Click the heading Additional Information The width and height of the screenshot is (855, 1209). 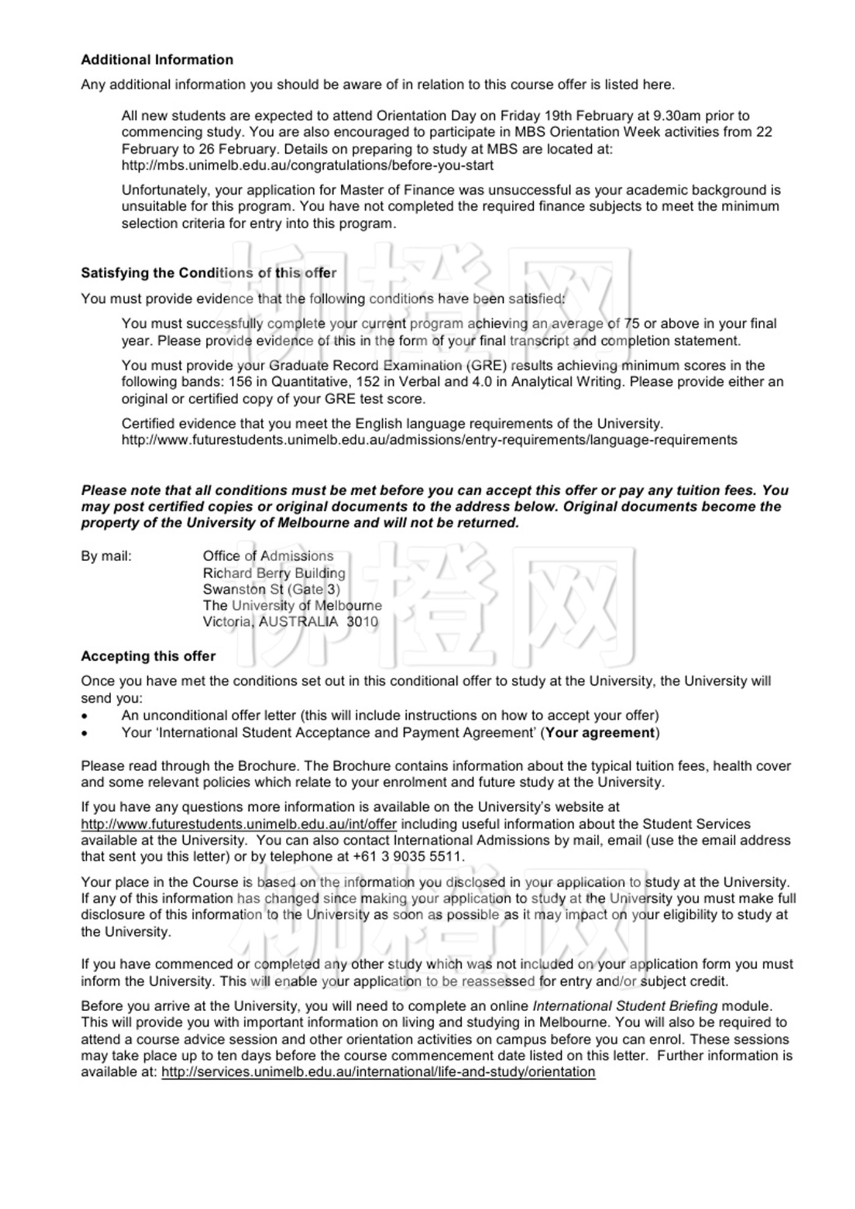coord(157,60)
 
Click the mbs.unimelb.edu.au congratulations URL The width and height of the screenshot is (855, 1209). coord(307,165)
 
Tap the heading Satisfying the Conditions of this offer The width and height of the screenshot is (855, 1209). coord(208,273)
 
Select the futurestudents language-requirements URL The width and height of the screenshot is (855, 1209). coord(429,440)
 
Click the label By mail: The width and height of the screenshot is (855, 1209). coord(106,556)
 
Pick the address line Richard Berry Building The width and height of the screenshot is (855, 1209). coord(274,573)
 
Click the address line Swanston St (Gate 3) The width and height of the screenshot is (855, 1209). coord(271,590)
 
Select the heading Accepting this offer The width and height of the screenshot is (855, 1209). coord(148,656)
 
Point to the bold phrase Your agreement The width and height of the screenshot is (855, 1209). coord(600,733)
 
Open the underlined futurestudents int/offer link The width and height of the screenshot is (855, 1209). coord(239,824)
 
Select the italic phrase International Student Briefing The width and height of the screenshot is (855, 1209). coord(633,1006)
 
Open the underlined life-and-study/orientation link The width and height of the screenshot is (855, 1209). coord(378,1072)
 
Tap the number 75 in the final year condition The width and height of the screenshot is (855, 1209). coord(631,324)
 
